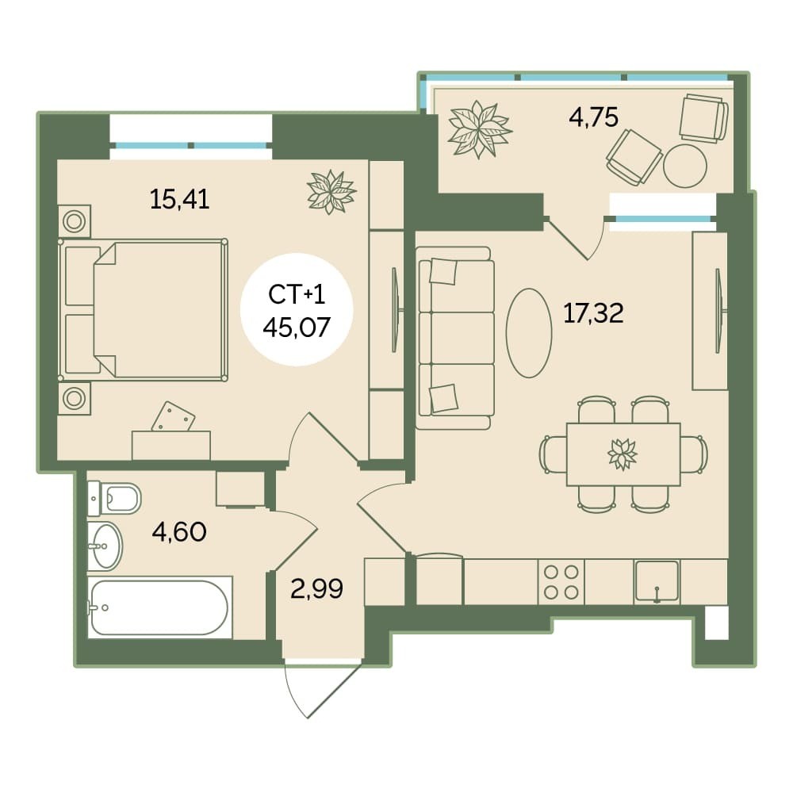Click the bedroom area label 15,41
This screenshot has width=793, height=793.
click(x=179, y=200)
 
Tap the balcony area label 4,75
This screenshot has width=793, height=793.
click(x=593, y=117)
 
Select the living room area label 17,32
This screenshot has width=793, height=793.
click(x=593, y=313)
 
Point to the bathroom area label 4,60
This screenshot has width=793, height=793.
click(x=179, y=532)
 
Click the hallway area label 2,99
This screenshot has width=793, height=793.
click(x=317, y=588)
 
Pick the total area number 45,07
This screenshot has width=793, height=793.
click(x=297, y=328)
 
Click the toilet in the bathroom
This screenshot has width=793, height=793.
click(x=113, y=498)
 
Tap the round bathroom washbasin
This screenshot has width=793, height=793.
click(x=105, y=546)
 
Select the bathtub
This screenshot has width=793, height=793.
click(x=160, y=607)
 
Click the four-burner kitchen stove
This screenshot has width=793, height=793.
click(x=561, y=581)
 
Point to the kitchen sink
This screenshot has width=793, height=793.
click(x=657, y=581)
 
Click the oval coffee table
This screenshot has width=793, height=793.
click(x=529, y=333)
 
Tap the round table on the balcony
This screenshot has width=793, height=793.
click(x=685, y=166)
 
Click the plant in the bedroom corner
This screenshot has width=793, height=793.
click(x=331, y=192)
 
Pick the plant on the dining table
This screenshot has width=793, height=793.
click(x=623, y=454)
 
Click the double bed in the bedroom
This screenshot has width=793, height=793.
click(x=143, y=310)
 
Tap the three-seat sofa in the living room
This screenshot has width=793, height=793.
click(x=454, y=339)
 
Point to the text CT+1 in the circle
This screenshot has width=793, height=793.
click(x=297, y=295)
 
